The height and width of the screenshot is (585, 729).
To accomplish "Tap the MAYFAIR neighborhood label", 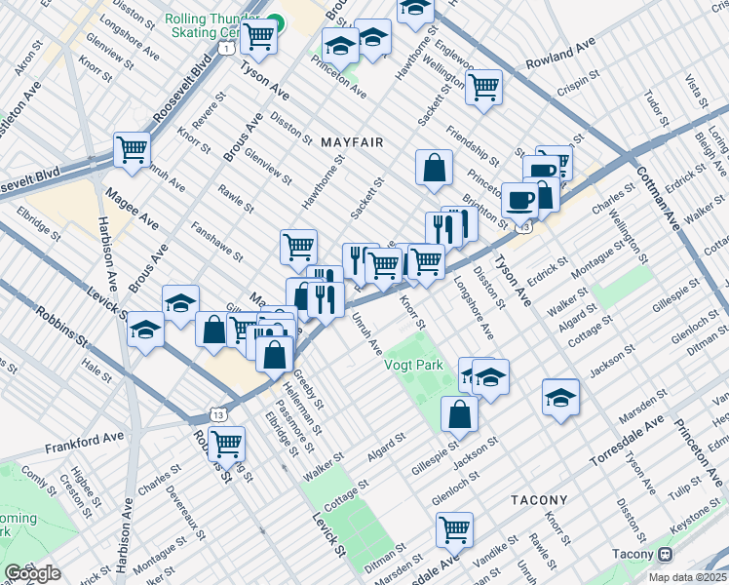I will point(351,142).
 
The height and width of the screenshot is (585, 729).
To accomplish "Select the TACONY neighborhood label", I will point(539,499).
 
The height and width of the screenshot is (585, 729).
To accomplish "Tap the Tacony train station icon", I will point(666,554).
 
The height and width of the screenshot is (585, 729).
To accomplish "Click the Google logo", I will point(31,573).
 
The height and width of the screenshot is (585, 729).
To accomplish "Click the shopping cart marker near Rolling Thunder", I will point(258,37).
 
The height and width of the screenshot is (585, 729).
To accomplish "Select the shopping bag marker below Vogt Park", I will point(459,413).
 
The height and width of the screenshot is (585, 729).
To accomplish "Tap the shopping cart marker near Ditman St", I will point(454,530).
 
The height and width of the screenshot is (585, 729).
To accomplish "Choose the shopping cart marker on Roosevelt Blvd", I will point(132,149).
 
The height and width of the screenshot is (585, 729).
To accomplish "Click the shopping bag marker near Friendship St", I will point(434,168).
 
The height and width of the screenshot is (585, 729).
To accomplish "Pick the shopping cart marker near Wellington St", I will point(483,87).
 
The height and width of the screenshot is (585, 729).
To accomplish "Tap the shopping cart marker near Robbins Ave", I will point(226,444).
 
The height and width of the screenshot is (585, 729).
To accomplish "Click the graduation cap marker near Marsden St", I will point(561,397).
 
